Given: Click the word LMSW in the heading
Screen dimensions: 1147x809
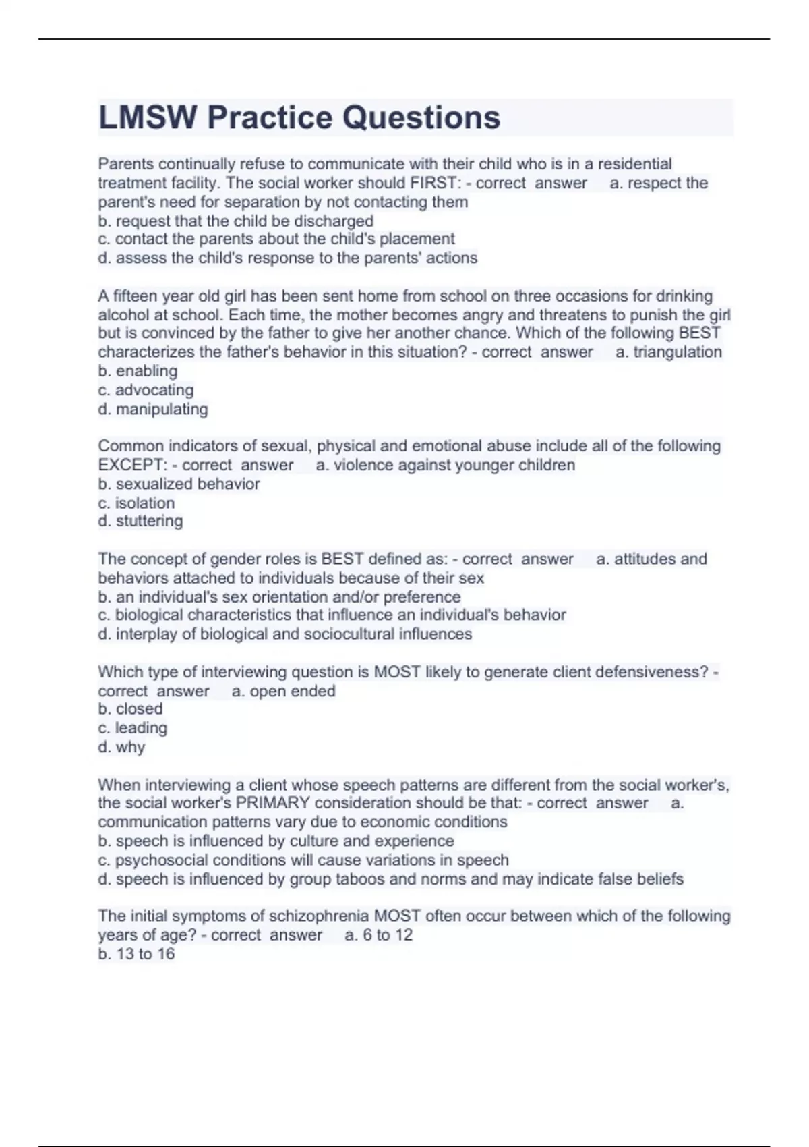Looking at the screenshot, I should coord(148,117).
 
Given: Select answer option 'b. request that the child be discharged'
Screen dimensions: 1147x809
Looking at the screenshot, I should coord(235,221).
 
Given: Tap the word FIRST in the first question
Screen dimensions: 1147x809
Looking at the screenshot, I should coord(434,183).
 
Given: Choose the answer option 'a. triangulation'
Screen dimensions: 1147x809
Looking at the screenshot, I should coord(668,352).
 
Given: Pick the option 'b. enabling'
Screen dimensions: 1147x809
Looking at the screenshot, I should coord(138,370).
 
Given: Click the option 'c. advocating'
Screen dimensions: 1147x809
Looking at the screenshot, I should coord(146,389).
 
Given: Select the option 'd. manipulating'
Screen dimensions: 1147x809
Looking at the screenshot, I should coord(152,409).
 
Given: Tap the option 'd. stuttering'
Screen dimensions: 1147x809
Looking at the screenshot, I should coord(140,521).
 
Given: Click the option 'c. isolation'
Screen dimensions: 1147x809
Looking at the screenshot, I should coord(136,503).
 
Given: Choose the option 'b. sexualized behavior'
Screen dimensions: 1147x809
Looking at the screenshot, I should coord(179,484).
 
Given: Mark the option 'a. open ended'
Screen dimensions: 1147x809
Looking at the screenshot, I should coord(283,691).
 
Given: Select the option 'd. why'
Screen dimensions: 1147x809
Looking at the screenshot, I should coord(121,747).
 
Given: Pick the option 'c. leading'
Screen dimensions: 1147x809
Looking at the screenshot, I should coord(132,728).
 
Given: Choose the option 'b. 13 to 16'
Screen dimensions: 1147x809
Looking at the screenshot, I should coord(136,953).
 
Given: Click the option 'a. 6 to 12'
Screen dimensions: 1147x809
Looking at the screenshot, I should coord(378,934).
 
